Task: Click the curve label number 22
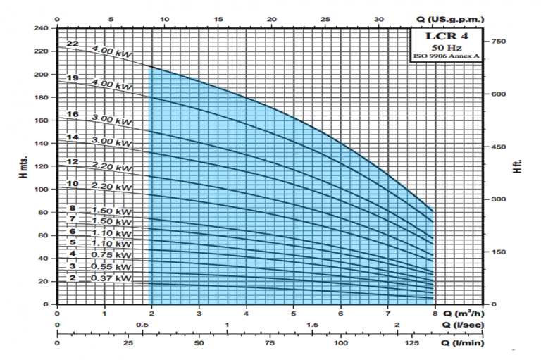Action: tap(72, 44)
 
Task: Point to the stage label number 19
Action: tap(72, 77)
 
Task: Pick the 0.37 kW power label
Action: tap(111, 279)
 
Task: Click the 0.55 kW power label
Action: tap(111, 267)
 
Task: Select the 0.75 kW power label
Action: tap(111, 255)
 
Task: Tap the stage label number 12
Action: tap(72, 162)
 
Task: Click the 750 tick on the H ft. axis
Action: tap(499, 42)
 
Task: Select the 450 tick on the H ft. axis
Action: tap(499, 147)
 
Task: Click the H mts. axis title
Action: tap(23, 166)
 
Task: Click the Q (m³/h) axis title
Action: tap(466, 314)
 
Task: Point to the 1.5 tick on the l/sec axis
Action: tap(313, 325)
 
